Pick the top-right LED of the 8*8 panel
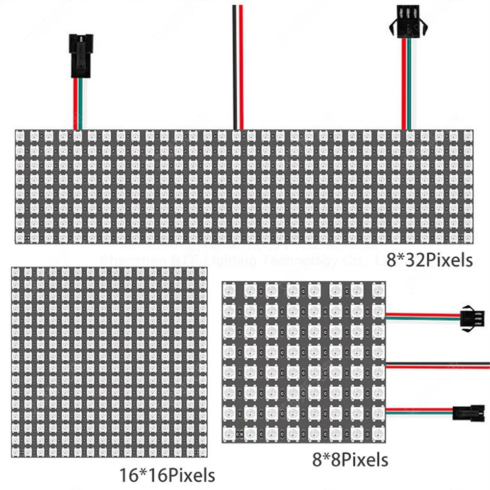pyautogui.click(x=378, y=291)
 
